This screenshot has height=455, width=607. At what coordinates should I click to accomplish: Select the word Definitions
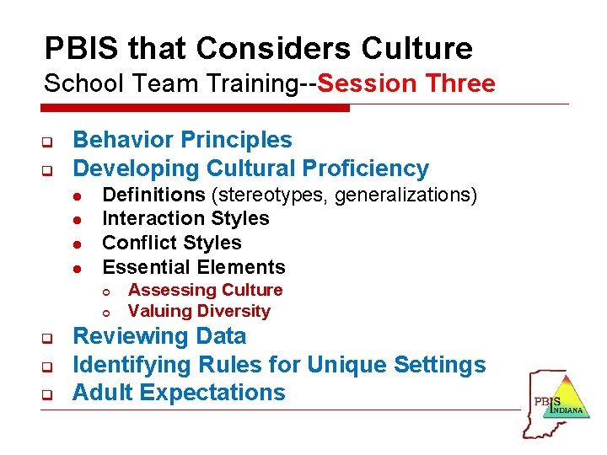(x=153, y=195)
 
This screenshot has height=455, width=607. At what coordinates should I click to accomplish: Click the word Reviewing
(x=127, y=336)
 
